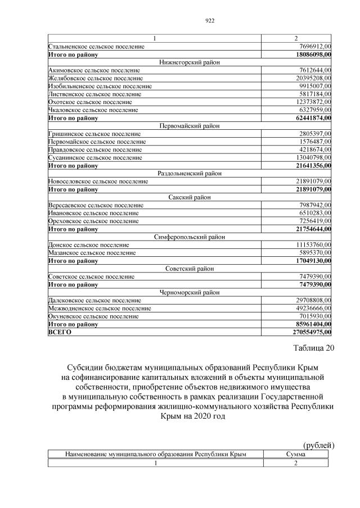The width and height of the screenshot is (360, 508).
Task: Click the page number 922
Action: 179,21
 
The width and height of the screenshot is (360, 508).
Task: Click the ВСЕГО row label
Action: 61,332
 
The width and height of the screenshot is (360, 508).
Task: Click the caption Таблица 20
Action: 313,348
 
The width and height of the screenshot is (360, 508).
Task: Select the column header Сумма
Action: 296,454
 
